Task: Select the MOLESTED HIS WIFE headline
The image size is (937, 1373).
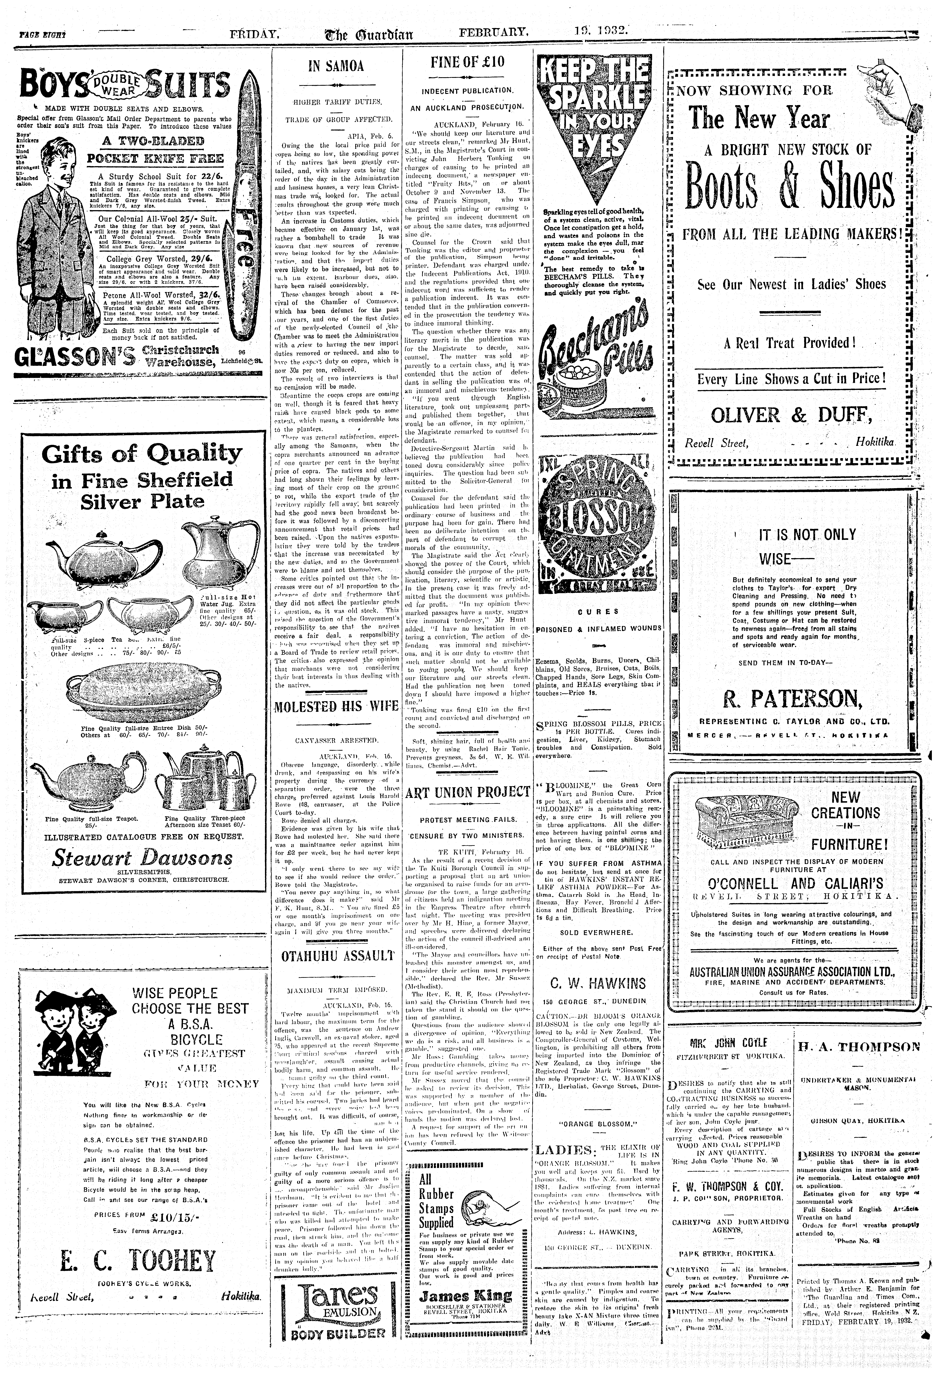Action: (336, 707)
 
